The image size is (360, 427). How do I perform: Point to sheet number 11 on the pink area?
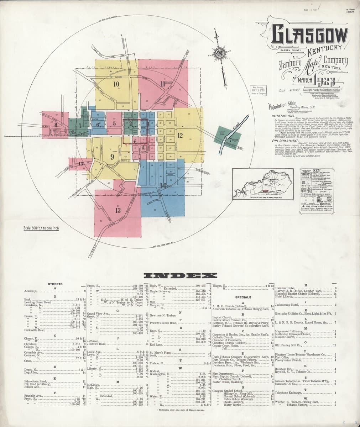[x=163, y=84]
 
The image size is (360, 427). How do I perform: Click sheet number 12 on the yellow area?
[x=180, y=135]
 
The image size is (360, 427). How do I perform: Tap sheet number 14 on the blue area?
[x=163, y=185]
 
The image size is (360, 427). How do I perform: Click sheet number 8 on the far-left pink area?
[x=56, y=125]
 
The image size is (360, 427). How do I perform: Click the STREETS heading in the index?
[x=55, y=284]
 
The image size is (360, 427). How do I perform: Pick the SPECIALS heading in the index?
[x=243, y=297]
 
